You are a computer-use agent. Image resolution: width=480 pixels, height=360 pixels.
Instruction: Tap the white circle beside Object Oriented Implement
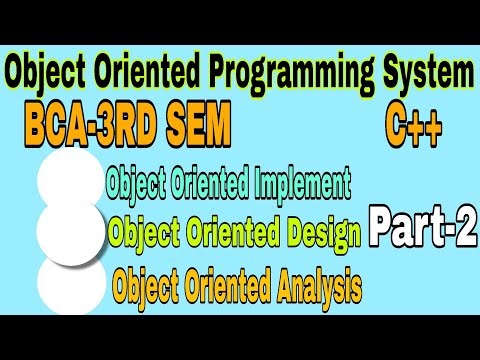click(73, 180)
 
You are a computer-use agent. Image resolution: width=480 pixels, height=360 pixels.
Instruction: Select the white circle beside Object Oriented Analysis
click(72, 283)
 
